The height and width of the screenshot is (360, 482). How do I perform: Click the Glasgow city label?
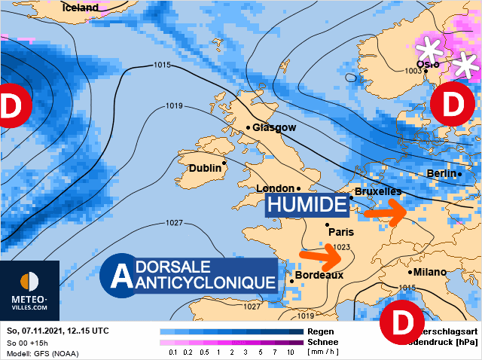pos(274,127)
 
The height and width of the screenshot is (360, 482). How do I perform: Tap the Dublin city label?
pos(206,168)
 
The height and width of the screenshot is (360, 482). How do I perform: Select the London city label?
pos(274,188)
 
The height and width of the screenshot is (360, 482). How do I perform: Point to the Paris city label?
pos(340,232)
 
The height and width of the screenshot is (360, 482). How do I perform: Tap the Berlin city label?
pos(442,173)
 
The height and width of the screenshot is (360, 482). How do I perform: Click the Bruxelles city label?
pos(378,192)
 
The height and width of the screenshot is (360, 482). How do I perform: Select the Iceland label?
pos(81,8)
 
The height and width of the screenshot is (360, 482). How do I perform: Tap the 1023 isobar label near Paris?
pos(343,247)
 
